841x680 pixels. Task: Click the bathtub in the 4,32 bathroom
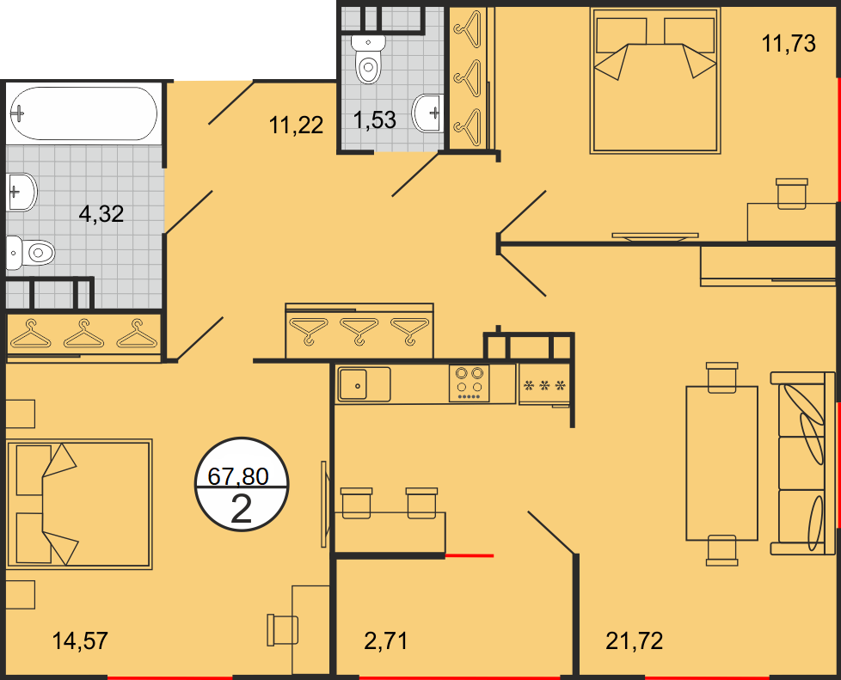[x=83, y=113]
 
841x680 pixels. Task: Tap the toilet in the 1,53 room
[x=368, y=59]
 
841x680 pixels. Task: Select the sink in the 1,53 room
[x=427, y=113]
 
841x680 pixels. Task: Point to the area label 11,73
[x=789, y=44]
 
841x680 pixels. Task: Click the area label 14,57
[x=80, y=640]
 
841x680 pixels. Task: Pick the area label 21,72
[x=634, y=640]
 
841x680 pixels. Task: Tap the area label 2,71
[x=385, y=640]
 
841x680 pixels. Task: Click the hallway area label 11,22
[x=296, y=126]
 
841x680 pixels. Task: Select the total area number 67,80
[x=238, y=475]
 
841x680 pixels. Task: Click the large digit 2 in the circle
[x=242, y=509]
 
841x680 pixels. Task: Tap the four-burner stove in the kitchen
[x=470, y=383]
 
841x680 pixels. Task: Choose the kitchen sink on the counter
[x=363, y=384]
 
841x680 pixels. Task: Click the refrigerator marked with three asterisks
[x=544, y=384]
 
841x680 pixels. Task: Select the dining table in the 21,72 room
[x=722, y=463]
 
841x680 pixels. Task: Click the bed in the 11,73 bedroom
[x=655, y=81]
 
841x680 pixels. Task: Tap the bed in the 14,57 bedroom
[x=79, y=504]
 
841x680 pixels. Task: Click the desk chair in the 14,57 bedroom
[x=283, y=630]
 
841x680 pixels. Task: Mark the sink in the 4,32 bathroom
[x=22, y=192]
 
